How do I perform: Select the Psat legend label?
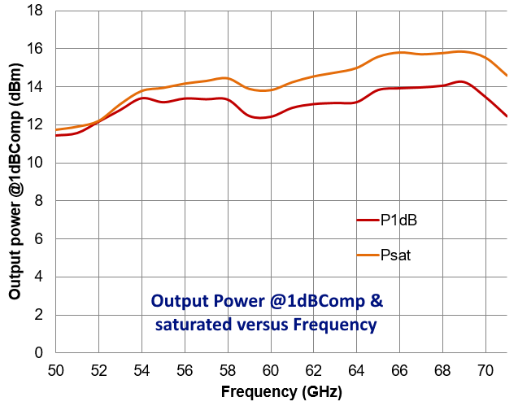tap(394, 255)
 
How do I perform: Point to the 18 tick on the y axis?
tap(38, 11)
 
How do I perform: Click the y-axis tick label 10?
tap(38, 164)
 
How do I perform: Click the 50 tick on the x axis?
tap(55, 369)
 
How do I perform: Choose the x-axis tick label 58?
tap(228, 369)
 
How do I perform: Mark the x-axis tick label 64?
tap(356, 369)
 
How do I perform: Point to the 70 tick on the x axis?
tap(485, 369)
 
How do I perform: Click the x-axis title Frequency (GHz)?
tap(281, 392)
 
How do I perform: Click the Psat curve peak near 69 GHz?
tap(461, 51)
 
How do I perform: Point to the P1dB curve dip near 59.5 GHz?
tap(259, 118)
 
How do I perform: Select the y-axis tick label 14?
tap(38, 87)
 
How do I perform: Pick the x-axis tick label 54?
tap(141, 369)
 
